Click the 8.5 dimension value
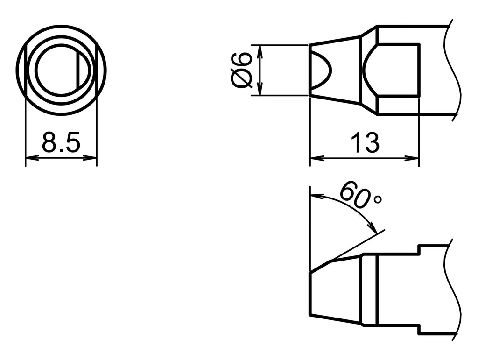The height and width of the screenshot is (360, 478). click(x=61, y=142)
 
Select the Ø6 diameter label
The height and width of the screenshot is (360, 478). click(x=242, y=70)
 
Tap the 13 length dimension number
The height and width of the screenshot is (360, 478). click(x=365, y=143)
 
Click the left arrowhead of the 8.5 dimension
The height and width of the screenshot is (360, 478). click(x=28, y=158)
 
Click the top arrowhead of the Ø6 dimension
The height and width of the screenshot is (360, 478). click(x=260, y=49)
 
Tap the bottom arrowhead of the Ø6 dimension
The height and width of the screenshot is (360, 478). click(x=260, y=92)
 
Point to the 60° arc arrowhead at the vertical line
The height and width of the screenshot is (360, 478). click(x=314, y=195)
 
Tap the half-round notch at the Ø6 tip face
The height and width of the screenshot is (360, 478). click(x=321, y=70)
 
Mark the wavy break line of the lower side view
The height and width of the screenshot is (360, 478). click(x=454, y=289)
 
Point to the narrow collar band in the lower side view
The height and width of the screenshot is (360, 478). click(x=369, y=289)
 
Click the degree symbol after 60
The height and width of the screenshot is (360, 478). click(x=378, y=199)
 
